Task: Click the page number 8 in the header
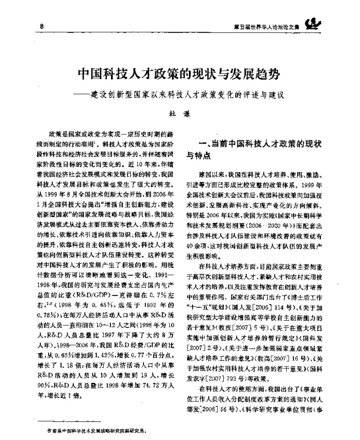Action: tap(41, 27)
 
